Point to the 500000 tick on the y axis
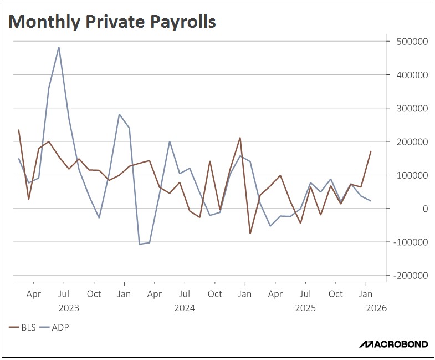[411, 42]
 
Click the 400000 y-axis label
[411, 75]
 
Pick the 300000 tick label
[411, 108]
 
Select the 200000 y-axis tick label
[411, 141]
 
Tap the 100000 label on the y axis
[411, 175]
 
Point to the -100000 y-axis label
[410, 242]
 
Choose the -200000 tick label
[410, 275]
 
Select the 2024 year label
[184, 308]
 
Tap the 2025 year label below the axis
[305, 308]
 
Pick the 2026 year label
[375, 308]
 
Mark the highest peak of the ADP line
[59, 47]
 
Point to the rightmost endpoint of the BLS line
[371, 151]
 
